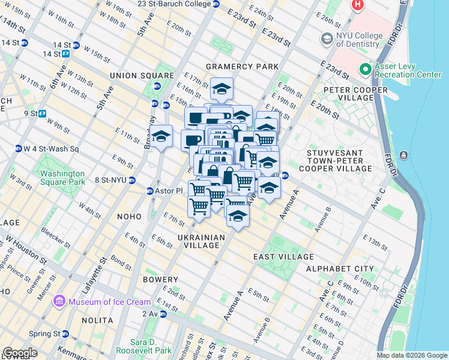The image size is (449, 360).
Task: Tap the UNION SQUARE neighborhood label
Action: tap(133, 76)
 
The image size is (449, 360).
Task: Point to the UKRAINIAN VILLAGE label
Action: tap(201, 242)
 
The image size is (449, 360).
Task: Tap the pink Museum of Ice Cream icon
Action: tap(59, 301)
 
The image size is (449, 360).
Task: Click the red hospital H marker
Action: tap(358, 5)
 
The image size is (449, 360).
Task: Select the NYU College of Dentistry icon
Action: tap(327, 40)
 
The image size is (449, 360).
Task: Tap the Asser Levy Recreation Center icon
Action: tap(364, 70)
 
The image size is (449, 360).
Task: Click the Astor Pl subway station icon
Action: tap(150, 191)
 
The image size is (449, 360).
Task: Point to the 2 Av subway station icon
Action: tap(163, 313)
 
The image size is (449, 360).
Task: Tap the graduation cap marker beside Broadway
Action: tap(161, 137)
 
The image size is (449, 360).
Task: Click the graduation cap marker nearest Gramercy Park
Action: tap(221, 89)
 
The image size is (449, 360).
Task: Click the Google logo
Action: tap(20, 353)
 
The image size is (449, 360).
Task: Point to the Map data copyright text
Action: tap(411, 355)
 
